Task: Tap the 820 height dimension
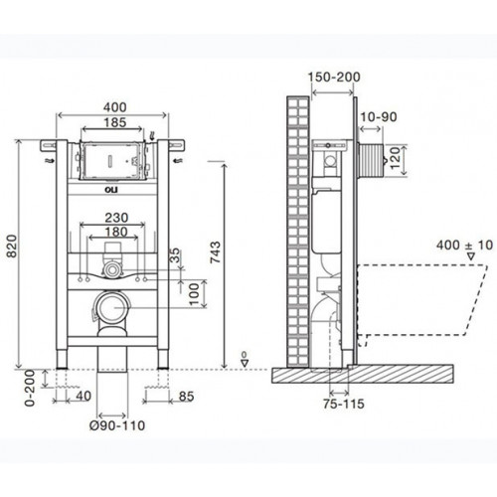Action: pyautogui.click(x=12, y=251)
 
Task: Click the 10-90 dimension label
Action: pyautogui.click(x=379, y=118)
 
